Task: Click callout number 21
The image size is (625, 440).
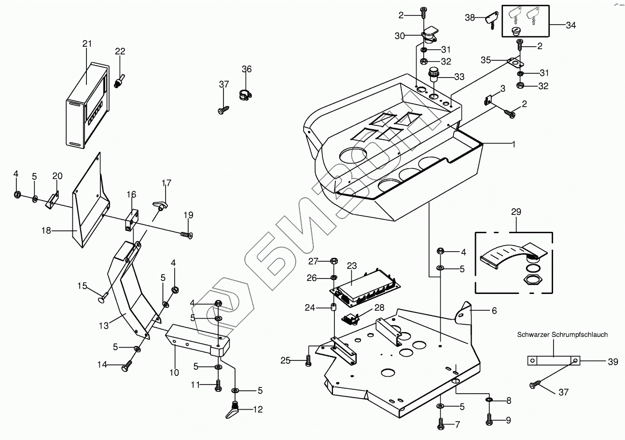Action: point(87,44)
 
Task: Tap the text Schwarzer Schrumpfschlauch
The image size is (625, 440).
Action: point(562,334)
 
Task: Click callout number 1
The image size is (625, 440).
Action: point(514,144)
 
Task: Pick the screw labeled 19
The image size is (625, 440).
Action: point(187,235)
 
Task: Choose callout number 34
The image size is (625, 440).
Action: point(570,25)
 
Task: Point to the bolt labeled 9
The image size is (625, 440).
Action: point(489,419)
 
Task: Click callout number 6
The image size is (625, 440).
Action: point(494,311)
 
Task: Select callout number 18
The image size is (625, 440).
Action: point(46,231)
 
